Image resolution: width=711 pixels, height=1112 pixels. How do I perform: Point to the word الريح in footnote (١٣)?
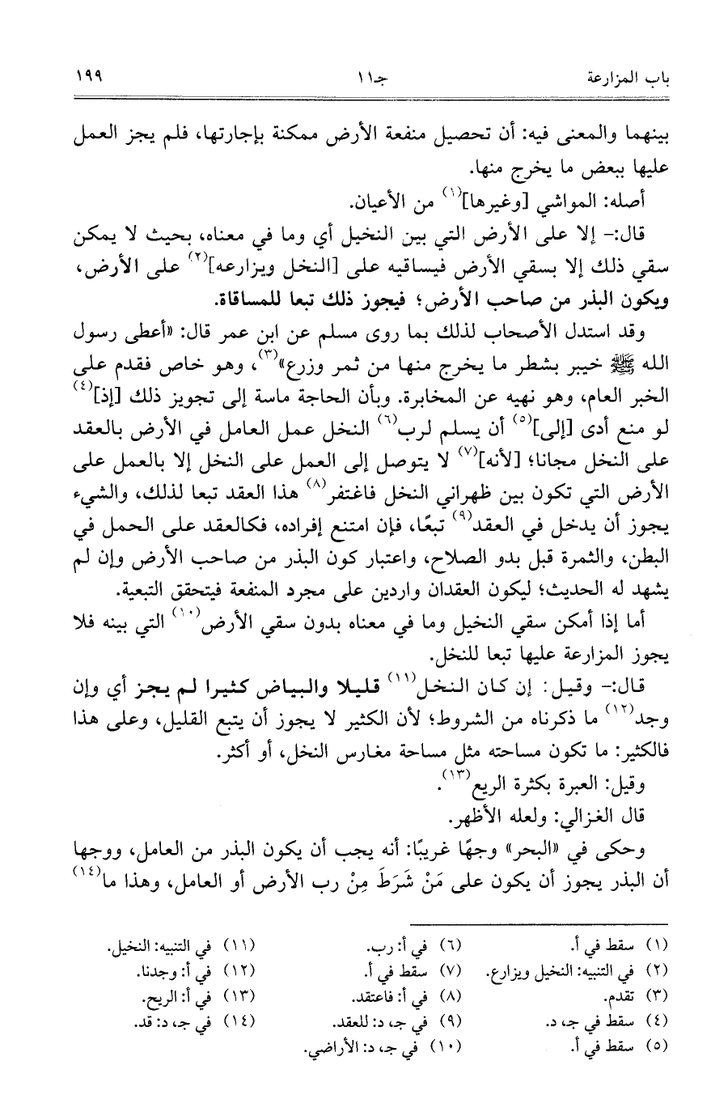pos(167,991)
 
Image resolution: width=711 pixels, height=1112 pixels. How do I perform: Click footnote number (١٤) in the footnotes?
pos(239,1014)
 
